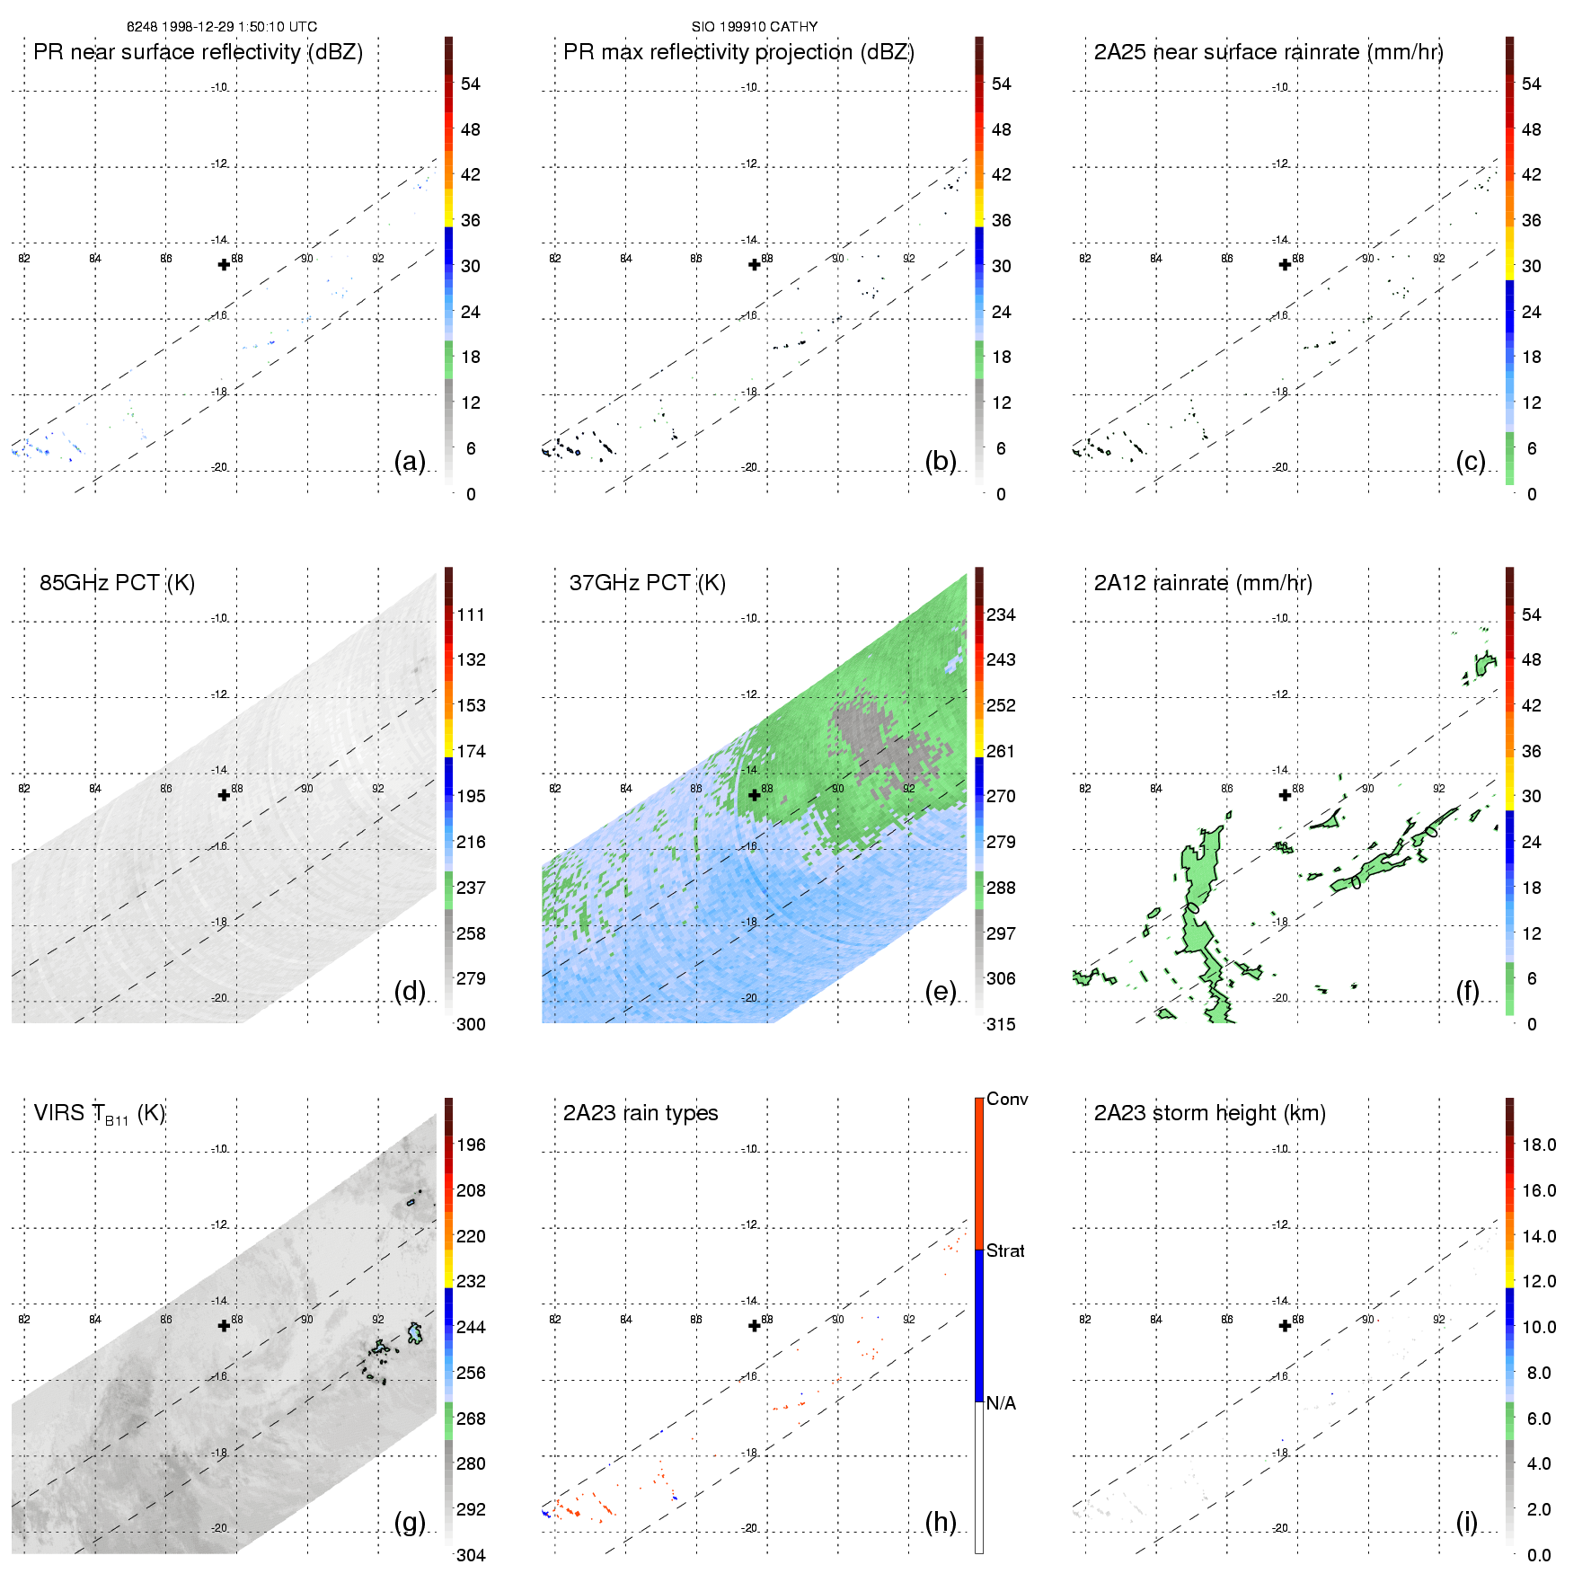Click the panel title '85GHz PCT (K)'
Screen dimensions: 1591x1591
click(117, 583)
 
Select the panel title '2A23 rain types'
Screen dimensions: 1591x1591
click(641, 1113)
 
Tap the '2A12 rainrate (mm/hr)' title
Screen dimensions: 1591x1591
click(1203, 583)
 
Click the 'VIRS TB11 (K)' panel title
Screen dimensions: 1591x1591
click(99, 1114)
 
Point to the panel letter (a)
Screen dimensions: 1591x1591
click(410, 462)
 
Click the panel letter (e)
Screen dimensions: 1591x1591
click(940, 992)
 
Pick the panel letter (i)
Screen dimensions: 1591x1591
click(1466, 1522)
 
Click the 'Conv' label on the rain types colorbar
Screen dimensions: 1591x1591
click(1007, 1099)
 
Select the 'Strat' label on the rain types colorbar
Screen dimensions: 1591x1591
click(1005, 1251)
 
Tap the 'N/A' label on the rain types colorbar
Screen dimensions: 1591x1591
click(1001, 1403)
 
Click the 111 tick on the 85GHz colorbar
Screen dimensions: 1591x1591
click(471, 615)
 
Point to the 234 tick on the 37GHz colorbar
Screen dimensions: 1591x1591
click(1001, 615)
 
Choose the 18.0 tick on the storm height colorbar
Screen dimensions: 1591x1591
click(1538, 1145)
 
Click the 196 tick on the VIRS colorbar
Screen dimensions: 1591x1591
click(471, 1145)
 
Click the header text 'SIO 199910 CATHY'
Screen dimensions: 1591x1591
click(755, 27)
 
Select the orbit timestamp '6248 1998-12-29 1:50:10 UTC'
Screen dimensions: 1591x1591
click(222, 27)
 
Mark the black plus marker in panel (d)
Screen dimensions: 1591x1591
click(224, 795)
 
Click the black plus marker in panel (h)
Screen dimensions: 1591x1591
click(755, 1326)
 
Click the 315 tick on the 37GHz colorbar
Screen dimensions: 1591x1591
click(1001, 1025)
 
